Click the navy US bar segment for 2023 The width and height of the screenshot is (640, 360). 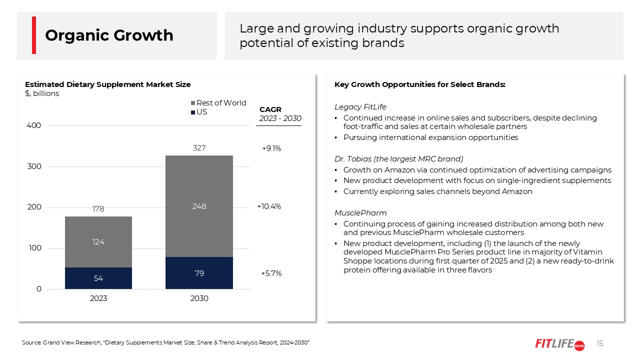click(x=98, y=278)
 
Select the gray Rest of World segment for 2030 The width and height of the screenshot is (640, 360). click(x=199, y=206)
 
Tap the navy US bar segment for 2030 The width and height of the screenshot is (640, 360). click(x=199, y=273)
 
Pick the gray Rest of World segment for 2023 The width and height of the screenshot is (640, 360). click(x=98, y=242)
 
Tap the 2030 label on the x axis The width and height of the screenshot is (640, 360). click(x=199, y=298)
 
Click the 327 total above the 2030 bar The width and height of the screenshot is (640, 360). click(x=199, y=148)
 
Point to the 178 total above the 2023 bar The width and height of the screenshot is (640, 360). click(x=98, y=209)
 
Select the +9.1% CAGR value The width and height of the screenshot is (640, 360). click(x=271, y=148)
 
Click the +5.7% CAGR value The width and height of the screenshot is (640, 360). click(x=271, y=273)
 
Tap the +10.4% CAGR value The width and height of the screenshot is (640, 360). click(x=269, y=206)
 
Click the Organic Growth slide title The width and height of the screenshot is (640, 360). click(x=109, y=35)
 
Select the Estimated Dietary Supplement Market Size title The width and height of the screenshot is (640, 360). click(x=107, y=84)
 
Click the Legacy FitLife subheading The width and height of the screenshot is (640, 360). click(x=360, y=107)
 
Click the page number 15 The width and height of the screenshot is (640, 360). click(x=600, y=343)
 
